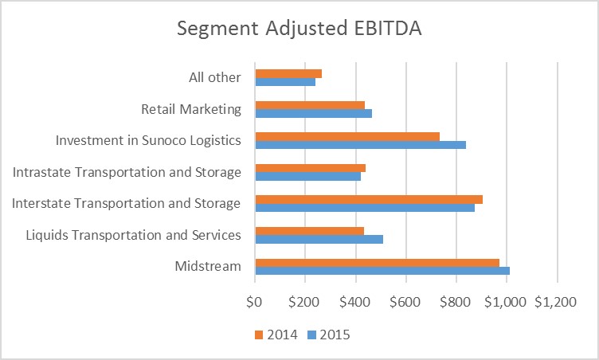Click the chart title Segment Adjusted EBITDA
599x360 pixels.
[299, 29]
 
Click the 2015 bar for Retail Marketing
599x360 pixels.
[313, 113]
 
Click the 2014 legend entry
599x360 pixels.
[276, 335]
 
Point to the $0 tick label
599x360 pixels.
[255, 302]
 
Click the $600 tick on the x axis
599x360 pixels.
[405, 302]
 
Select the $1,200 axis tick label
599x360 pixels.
[555, 302]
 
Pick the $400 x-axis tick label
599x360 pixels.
[355, 302]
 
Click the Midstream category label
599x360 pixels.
[207, 266]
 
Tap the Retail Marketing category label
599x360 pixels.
[190, 109]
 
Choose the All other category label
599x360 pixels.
[211, 78]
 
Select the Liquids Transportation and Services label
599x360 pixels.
[133, 235]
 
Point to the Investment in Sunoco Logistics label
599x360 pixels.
[148, 141]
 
